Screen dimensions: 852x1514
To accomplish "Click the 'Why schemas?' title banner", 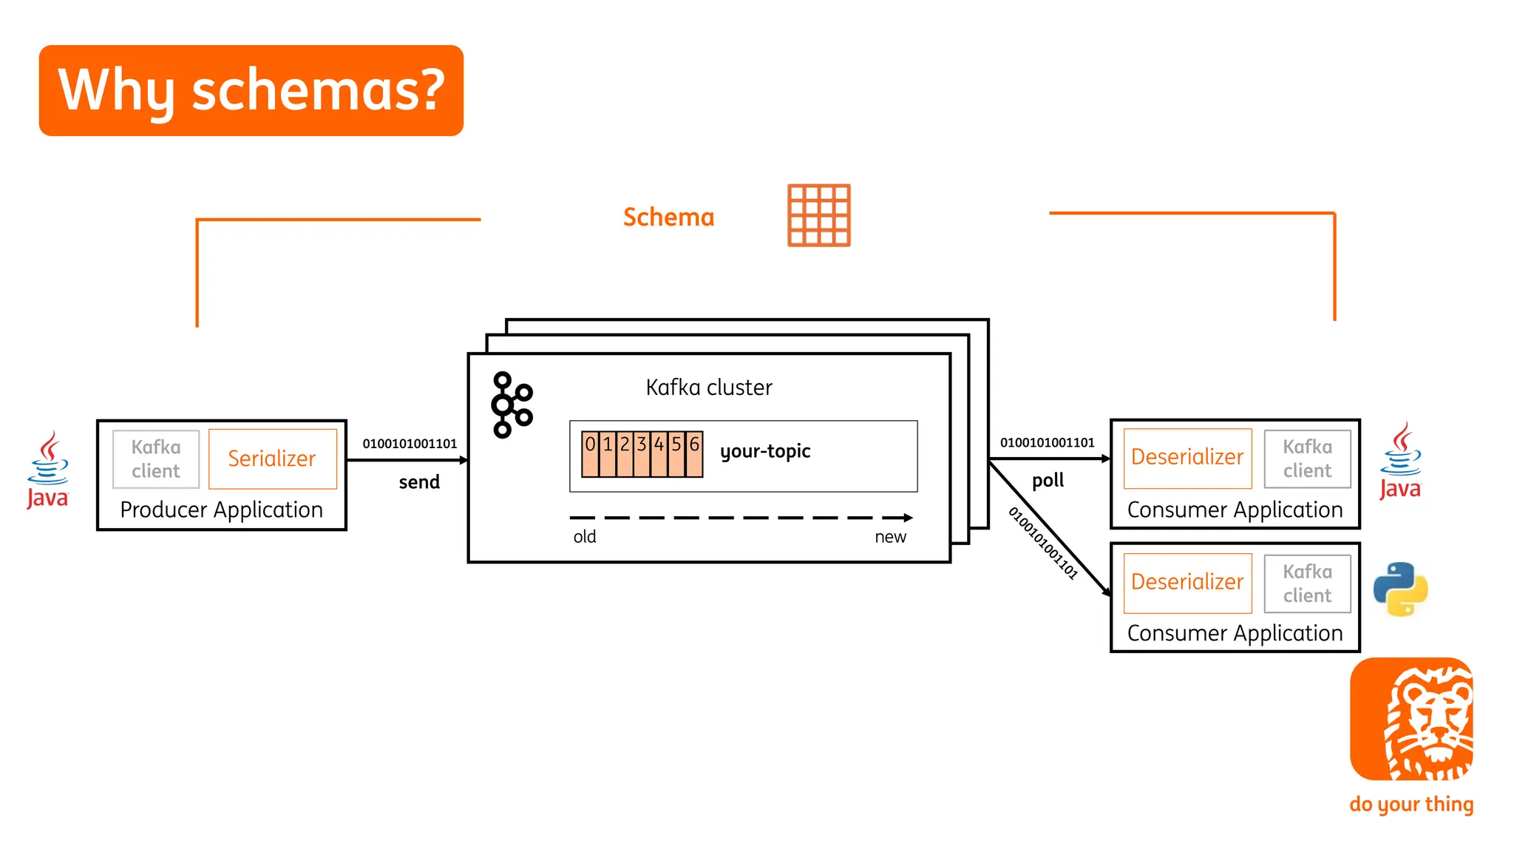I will [x=251, y=90].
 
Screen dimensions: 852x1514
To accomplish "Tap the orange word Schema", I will [x=668, y=217].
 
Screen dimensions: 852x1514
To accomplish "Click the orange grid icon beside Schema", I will [x=818, y=215].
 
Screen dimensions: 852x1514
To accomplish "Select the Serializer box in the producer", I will [x=272, y=459].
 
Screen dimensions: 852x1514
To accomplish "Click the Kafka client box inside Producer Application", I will [x=156, y=459].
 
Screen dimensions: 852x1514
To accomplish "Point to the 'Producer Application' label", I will [x=221, y=510].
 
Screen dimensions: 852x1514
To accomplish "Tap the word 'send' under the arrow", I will [x=419, y=482].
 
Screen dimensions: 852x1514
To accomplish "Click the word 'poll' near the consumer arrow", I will [x=1048, y=481].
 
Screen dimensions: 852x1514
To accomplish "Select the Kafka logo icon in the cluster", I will [x=512, y=405].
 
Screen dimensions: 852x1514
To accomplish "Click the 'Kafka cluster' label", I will [x=708, y=388].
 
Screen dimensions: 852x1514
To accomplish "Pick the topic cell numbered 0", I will [x=590, y=453].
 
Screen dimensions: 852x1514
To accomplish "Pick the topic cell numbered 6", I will [x=694, y=453].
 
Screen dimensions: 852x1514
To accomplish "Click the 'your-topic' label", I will [x=765, y=451].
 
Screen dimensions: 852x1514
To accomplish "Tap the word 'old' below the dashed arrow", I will [x=584, y=537].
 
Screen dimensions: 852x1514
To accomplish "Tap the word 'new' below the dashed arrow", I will [x=890, y=537].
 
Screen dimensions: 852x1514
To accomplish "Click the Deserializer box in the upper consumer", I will [x=1187, y=458].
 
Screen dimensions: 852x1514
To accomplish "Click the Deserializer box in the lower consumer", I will [x=1187, y=583].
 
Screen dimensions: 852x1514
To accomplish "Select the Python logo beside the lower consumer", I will [x=1400, y=589].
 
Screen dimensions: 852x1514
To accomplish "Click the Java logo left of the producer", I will [x=48, y=470].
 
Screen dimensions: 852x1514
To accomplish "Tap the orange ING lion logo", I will [x=1411, y=719].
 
